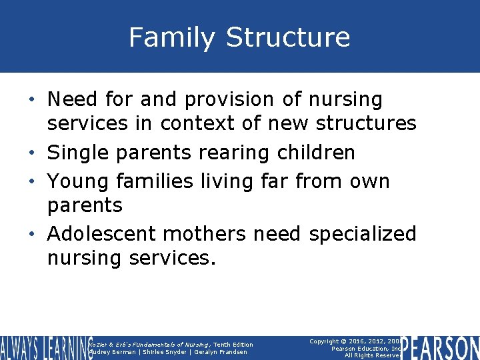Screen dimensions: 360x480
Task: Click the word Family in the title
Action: coord(172,37)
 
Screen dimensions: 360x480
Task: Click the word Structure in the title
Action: coord(288,37)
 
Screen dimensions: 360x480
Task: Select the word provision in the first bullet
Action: coord(229,100)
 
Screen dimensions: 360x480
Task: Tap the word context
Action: coord(199,123)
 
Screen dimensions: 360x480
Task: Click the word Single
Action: coord(79,153)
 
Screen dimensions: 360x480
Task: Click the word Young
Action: coord(79,181)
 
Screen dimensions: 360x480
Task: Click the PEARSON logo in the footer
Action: coord(441,347)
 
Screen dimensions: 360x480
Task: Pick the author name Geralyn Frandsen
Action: coord(220,352)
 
